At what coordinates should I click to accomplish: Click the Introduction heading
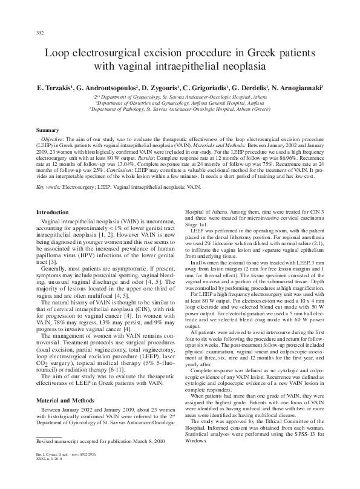[53, 212]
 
